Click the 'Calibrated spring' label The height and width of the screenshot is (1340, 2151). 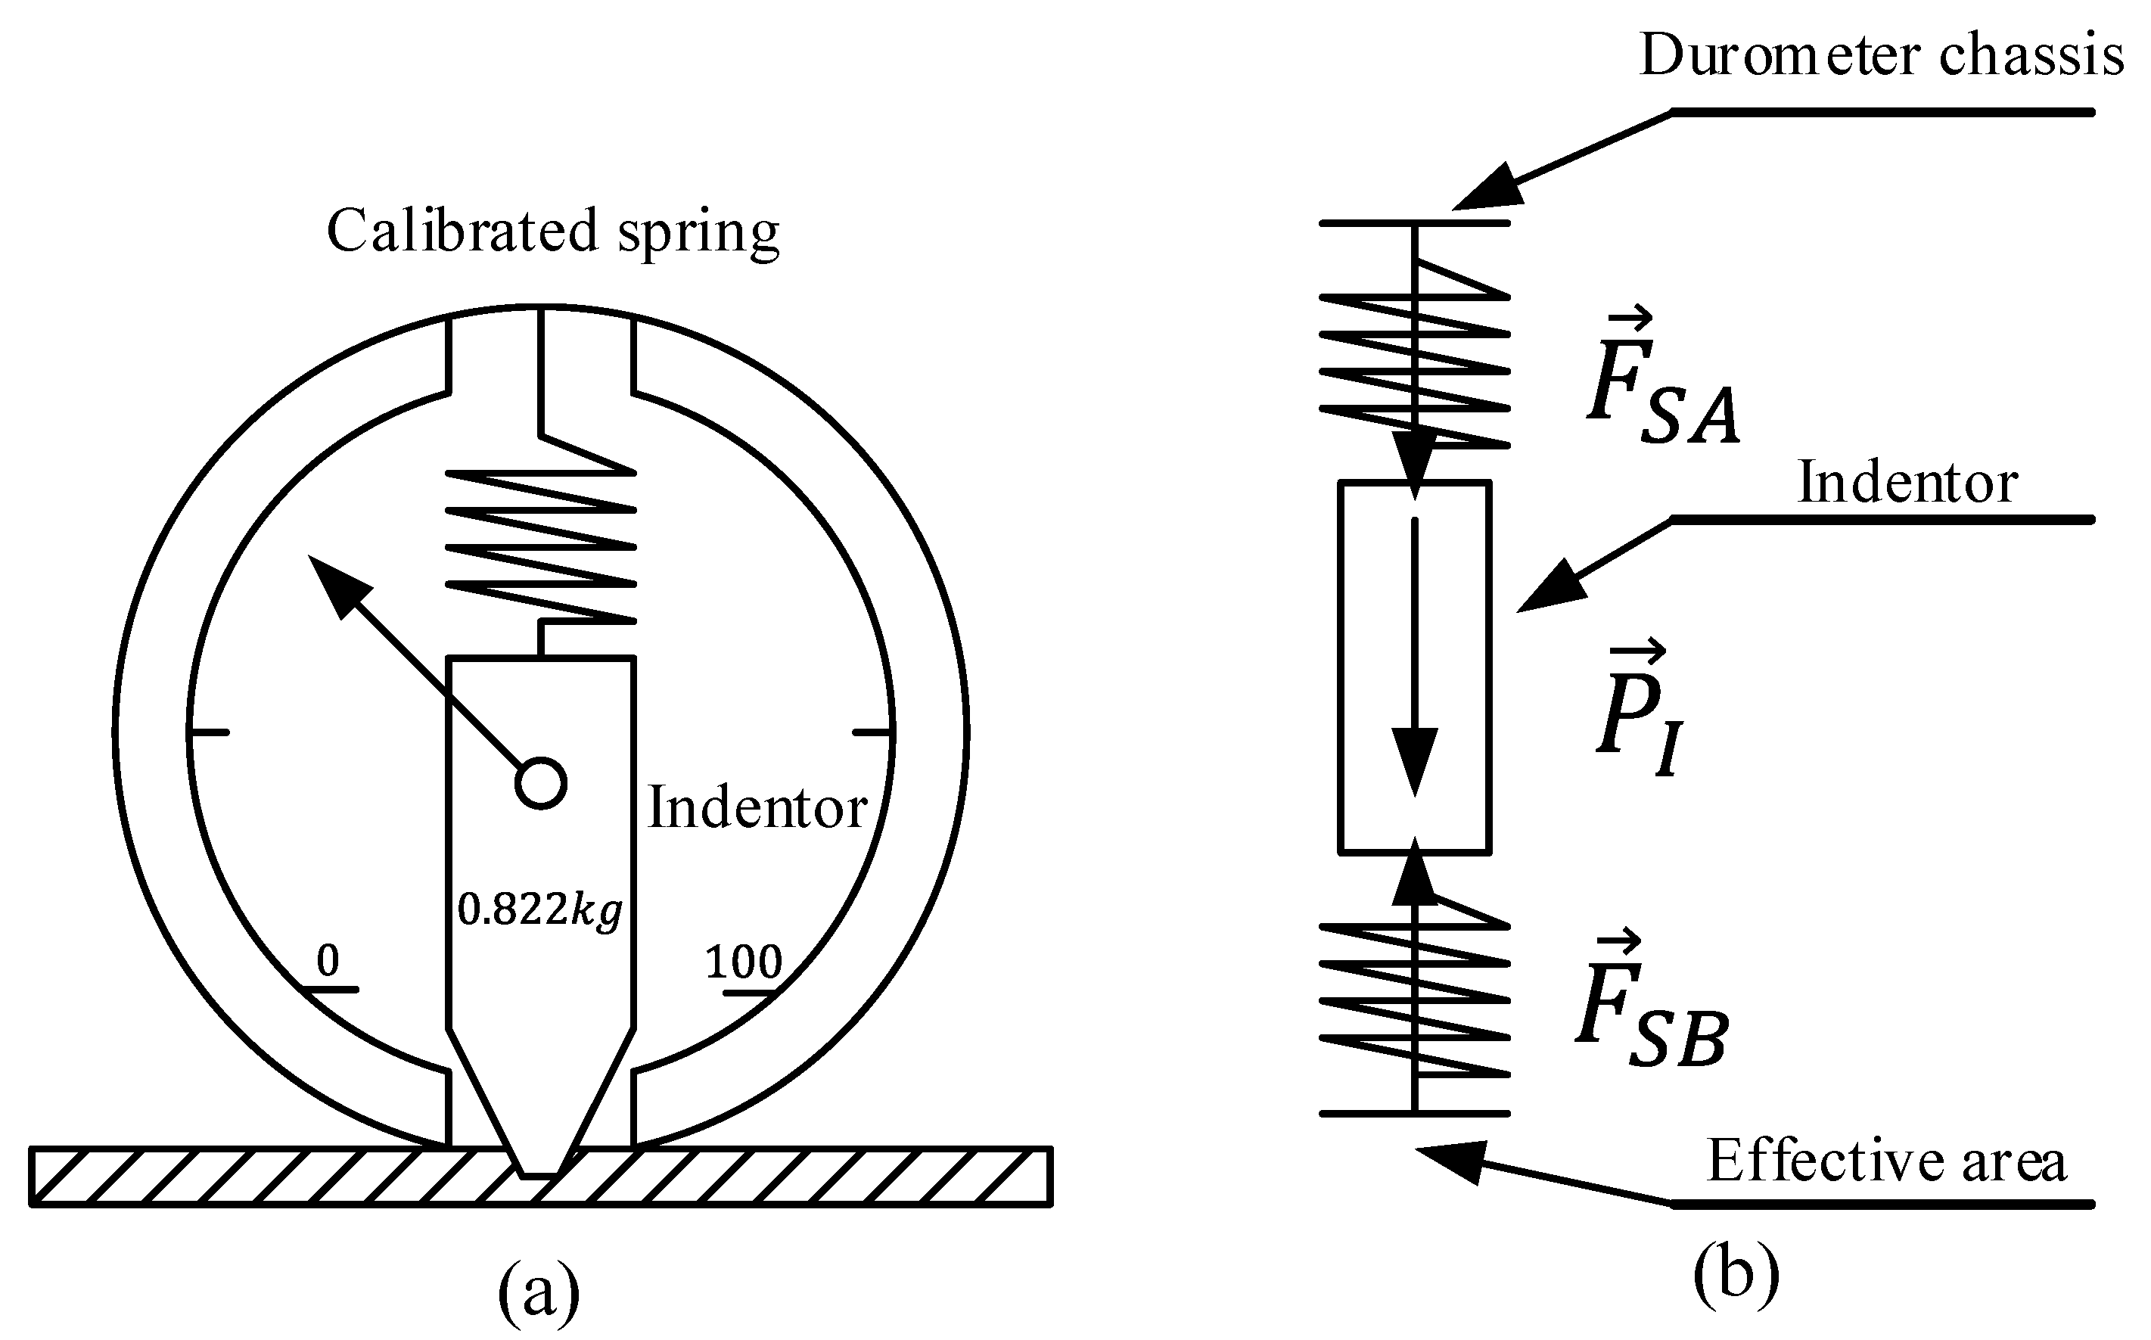(x=553, y=232)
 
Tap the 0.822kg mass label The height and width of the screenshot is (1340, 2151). (x=539, y=910)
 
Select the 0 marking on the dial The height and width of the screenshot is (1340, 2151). (x=328, y=961)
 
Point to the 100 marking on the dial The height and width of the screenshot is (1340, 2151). (x=743, y=962)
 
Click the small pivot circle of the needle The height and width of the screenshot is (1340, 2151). (x=540, y=783)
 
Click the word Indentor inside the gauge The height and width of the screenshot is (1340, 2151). (x=757, y=808)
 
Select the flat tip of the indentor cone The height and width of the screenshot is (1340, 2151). (x=540, y=1175)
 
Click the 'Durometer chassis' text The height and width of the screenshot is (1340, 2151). (x=1881, y=55)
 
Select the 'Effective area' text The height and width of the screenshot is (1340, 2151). (x=1886, y=1161)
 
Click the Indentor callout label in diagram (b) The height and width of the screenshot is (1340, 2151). (x=1907, y=484)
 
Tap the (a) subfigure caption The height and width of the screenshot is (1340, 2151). (x=539, y=1292)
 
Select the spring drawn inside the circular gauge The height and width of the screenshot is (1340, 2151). (x=540, y=545)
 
